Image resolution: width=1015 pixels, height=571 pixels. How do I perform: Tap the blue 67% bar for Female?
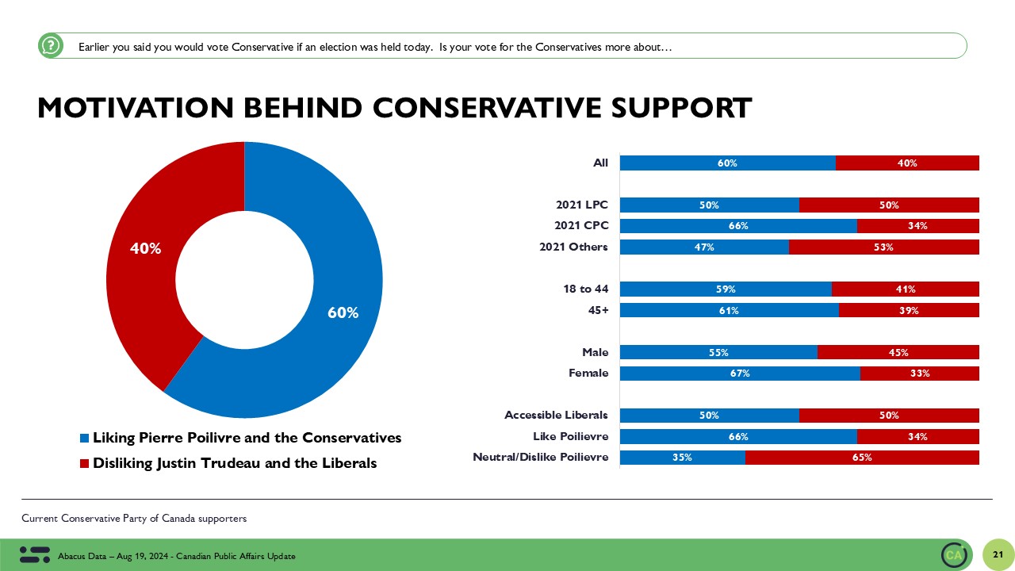tap(739, 374)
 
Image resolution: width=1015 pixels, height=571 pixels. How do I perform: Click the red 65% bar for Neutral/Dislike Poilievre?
tap(862, 457)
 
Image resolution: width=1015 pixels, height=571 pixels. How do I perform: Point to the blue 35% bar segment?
tap(682, 457)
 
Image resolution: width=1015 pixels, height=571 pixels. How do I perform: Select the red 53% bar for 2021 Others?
tap(883, 247)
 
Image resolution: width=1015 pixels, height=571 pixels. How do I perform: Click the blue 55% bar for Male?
tap(718, 352)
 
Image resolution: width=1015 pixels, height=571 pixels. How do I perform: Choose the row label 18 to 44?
tap(585, 289)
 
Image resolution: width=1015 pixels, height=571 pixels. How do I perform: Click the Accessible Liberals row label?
tap(556, 415)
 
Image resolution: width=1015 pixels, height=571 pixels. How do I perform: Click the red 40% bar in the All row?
tap(907, 163)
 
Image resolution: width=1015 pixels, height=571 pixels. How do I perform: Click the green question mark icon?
tap(50, 46)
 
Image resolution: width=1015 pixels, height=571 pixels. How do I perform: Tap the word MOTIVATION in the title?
tap(132, 108)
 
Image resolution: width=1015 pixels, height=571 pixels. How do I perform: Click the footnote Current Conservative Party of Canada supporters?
tap(134, 519)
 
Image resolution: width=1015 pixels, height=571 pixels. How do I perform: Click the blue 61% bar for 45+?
tap(729, 310)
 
